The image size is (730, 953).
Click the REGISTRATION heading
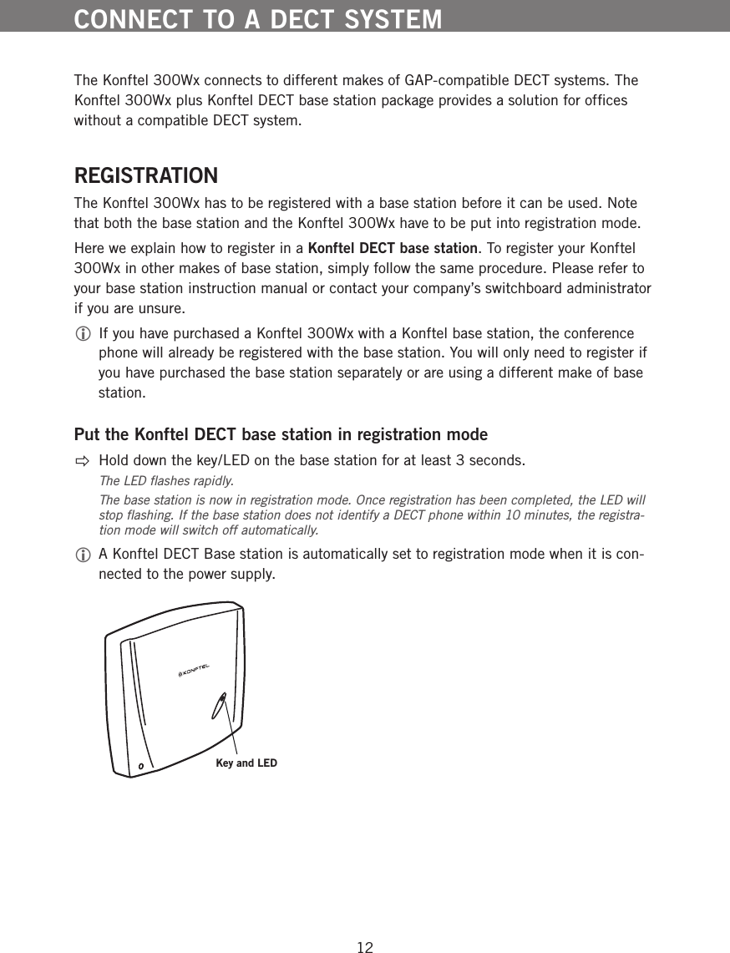(x=146, y=177)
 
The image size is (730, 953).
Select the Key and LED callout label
(x=246, y=763)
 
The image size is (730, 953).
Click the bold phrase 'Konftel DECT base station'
(x=393, y=249)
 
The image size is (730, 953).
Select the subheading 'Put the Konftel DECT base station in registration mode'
(x=281, y=435)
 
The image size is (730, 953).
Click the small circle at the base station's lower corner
(x=141, y=765)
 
